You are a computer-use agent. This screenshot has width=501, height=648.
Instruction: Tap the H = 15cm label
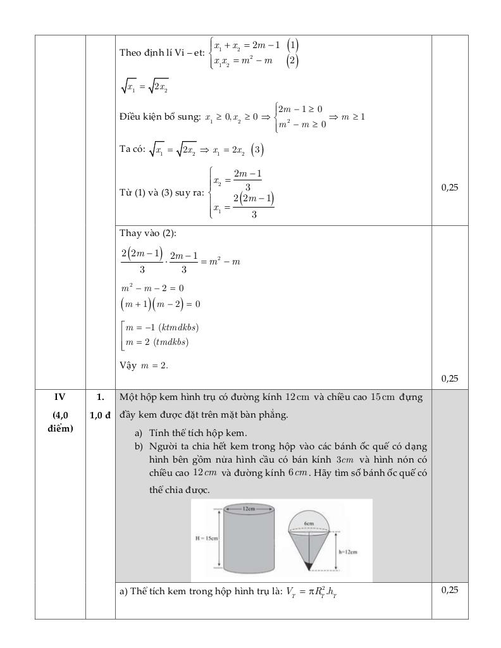point(206,539)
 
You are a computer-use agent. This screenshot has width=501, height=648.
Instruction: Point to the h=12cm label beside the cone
point(349,551)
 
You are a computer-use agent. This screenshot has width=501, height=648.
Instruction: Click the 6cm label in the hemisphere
point(309,523)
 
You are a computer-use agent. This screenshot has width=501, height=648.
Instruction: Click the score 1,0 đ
point(100,414)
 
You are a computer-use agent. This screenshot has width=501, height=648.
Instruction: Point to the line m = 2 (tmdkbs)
point(158,342)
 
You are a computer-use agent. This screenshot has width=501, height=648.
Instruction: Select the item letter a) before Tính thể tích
point(139,433)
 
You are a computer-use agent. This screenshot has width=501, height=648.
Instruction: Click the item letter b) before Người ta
point(139,445)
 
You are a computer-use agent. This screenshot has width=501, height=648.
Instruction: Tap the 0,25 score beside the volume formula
point(450,590)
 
